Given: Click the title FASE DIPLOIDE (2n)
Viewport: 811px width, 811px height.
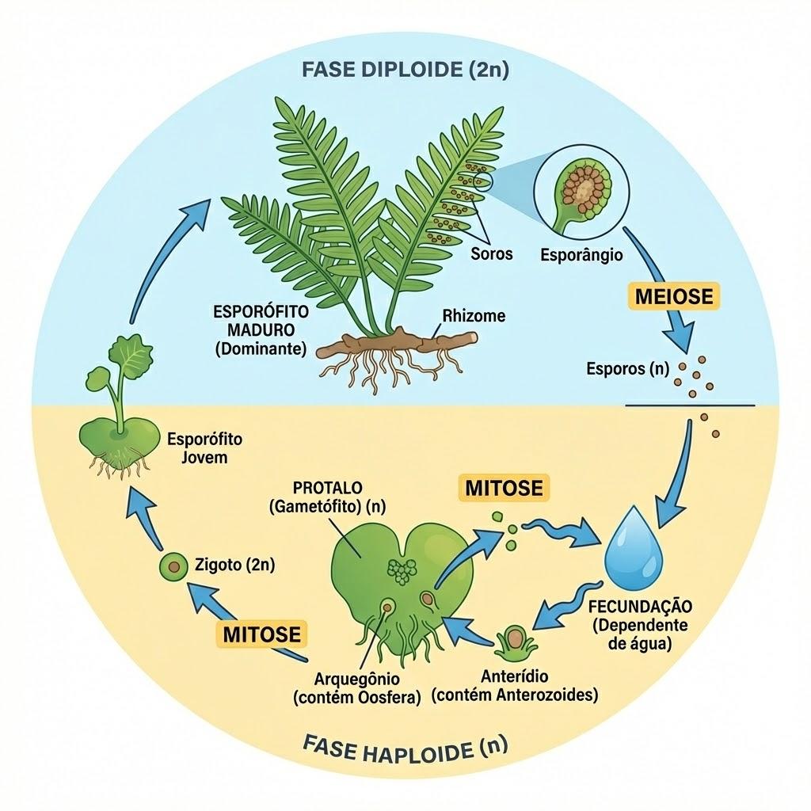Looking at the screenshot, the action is point(405,70).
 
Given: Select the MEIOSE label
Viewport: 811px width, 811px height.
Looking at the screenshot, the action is point(673,296).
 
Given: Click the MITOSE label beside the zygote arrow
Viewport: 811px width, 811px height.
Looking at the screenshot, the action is point(261,634).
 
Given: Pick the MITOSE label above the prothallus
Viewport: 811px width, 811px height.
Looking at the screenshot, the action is point(504,488).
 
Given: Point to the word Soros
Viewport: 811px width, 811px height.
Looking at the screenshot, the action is point(491,254).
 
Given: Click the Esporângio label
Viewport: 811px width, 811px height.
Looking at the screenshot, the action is point(581,255).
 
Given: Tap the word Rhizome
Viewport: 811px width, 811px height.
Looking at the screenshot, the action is point(474,315).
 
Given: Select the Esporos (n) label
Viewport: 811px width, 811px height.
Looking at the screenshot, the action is point(627,369).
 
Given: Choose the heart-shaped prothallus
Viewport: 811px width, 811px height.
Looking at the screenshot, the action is point(401,574).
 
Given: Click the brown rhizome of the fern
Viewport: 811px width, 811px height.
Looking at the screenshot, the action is point(397,343).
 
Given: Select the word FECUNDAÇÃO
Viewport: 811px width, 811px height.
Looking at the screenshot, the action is point(640,606).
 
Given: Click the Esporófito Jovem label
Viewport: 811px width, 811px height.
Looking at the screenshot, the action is point(205,448).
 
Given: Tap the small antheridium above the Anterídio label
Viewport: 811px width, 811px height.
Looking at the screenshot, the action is point(516,641).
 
